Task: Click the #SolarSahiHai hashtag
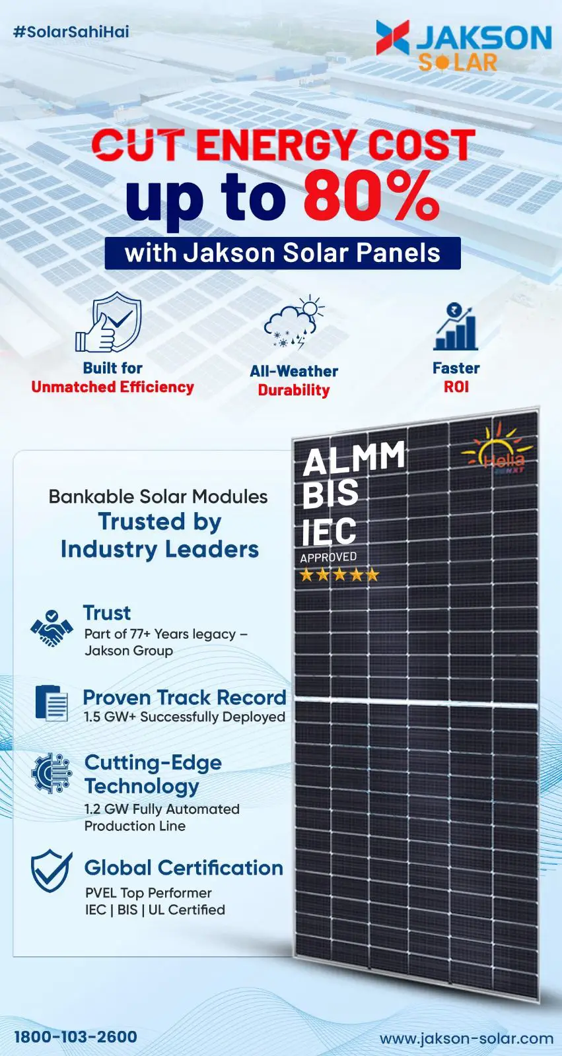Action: (x=71, y=32)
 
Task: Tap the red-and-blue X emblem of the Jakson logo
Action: (x=392, y=37)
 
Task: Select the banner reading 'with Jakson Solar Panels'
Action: (x=283, y=253)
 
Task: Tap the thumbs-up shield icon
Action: (x=108, y=321)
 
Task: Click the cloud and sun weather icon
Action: (x=294, y=323)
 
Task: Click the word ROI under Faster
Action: (x=456, y=387)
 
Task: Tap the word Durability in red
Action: (x=293, y=390)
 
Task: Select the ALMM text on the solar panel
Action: (x=354, y=458)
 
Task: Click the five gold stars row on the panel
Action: (x=339, y=575)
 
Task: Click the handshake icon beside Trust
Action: (x=52, y=628)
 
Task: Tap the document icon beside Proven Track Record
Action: (x=52, y=703)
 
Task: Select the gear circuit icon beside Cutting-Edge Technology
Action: (x=52, y=774)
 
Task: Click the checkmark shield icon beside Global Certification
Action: (x=52, y=871)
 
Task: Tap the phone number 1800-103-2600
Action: (x=75, y=1037)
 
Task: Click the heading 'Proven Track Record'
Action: (x=184, y=697)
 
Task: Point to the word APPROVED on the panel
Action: (x=328, y=557)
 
